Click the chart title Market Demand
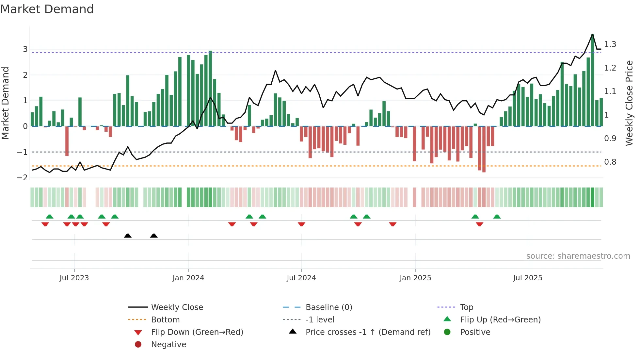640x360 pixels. (x=47, y=9)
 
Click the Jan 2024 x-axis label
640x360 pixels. (x=188, y=278)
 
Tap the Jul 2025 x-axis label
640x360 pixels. (x=527, y=278)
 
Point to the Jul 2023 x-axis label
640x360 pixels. (x=74, y=278)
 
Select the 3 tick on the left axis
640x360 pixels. (x=25, y=49)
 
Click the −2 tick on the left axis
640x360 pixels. (x=23, y=178)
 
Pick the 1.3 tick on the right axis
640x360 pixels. (x=610, y=44)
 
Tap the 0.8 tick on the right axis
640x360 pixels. (x=610, y=162)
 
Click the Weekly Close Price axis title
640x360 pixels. (x=629, y=103)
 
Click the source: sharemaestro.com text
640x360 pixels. (x=578, y=256)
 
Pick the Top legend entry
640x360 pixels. (x=467, y=307)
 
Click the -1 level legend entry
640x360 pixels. (x=320, y=320)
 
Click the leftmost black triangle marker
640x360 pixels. (x=128, y=236)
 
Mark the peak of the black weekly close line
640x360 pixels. (x=593, y=34)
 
